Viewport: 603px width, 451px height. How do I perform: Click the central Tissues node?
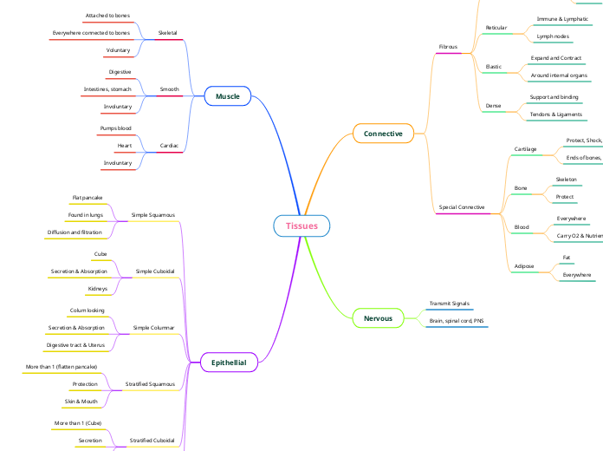click(x=301, y=226)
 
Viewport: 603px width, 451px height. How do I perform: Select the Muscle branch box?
click(x=228, y=96)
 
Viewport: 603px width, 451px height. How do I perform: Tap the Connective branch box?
click(x=383, y=134)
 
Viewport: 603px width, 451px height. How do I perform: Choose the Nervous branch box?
click(x=378, y=318)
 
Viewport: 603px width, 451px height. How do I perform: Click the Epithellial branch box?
click(x=229, y=363)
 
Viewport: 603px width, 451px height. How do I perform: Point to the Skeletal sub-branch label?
click(x=168, y=33)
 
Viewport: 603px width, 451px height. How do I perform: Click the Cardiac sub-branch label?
click(x=170, y=146)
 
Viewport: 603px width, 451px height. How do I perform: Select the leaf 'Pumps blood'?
click(x=116, y=128)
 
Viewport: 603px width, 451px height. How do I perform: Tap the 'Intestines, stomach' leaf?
click(x=107, y=89)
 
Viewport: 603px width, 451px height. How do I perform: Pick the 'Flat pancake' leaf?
click(x=88, y=198)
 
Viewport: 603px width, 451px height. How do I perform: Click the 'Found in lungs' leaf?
click(x=86, y=215)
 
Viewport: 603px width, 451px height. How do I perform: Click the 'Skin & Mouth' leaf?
click(x=81, y=402)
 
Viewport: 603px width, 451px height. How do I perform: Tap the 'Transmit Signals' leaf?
click(x=450, y=304)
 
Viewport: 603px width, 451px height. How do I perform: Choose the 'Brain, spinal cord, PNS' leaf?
click(x=457, y=321)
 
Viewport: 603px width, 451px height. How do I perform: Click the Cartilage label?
click(x=525, y=149)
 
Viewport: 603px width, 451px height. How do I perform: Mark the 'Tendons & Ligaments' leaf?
click(x=555, y=114)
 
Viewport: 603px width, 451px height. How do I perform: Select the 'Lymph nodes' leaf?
click(x=553, y=36)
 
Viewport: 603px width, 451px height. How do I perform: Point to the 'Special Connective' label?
click(x=462, y=208)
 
